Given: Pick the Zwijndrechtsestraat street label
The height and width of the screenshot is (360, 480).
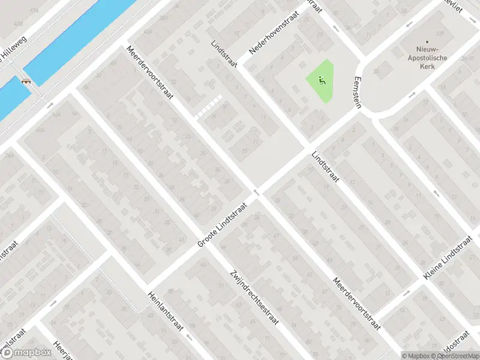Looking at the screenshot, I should click(255, 299).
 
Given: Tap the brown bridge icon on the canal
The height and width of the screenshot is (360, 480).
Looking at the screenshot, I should click(26, 82).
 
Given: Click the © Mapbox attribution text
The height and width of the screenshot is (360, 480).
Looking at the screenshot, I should click(416, 355).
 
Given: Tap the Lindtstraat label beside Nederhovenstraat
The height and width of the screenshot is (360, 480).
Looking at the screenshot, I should click(225, 53).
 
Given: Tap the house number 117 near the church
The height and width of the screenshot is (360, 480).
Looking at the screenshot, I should click(440, 32).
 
